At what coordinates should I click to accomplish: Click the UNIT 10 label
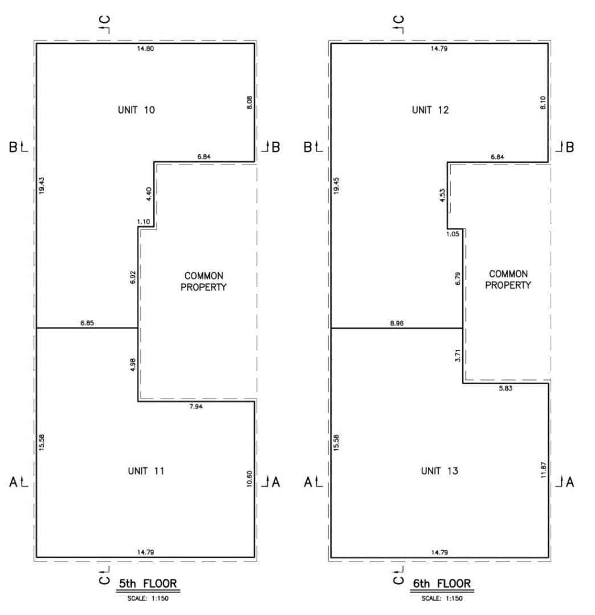pos(136,110)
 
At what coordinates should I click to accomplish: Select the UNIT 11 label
pos(146,471)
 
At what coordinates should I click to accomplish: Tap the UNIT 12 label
pos(430,110)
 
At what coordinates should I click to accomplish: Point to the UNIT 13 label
pos(439,471)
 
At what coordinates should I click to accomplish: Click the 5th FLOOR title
pos(148,583)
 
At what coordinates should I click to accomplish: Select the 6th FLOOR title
pos(442,583)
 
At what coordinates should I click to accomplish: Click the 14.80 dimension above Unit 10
pos(145,48)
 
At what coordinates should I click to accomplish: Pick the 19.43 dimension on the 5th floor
pos(42,185)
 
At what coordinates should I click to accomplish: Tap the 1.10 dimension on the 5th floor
pos(144,222)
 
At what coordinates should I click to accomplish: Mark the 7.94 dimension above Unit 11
pos(196,407)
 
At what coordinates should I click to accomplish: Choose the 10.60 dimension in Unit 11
pos(249,479)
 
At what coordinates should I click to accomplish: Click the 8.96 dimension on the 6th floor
pos(397,323)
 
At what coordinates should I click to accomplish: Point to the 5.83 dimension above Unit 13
pos(506,388)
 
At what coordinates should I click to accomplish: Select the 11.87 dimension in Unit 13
pos(544,470)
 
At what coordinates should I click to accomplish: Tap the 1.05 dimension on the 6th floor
pos(453,234)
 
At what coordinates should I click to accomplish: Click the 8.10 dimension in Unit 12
pos(543,102)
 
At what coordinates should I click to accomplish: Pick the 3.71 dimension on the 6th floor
pos(458,355)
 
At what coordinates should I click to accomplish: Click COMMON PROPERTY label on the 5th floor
pos(203,281)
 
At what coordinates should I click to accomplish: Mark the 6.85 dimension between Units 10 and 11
pos(87,323)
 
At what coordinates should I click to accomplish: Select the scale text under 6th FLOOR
pos(442,598)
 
